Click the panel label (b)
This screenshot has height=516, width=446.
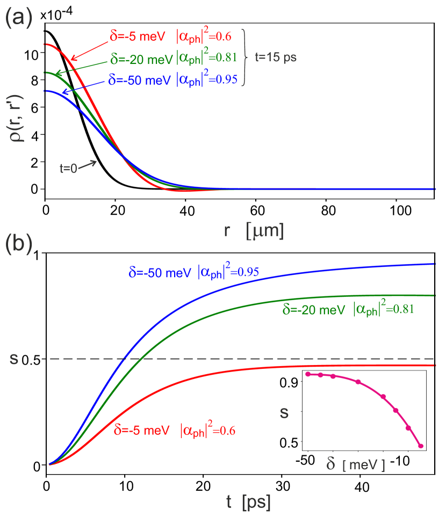(19, 244)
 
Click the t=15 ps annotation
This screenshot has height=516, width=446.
(275, 57)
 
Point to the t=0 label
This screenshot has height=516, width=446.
(68, 168)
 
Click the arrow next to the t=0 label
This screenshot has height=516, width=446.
(89, 163)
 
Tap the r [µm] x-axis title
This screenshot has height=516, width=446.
(254, 230)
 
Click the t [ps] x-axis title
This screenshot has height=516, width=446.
(248, 503)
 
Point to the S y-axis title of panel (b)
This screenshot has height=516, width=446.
(15, 359)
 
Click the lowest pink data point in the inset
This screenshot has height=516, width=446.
(421, 446)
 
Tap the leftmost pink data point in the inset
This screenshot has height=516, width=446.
(308, 374)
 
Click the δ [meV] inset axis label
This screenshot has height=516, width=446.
(356, 464)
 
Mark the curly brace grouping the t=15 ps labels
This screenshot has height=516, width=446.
(245, 57)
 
